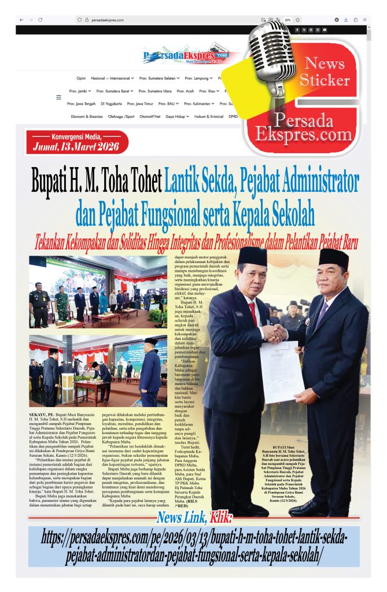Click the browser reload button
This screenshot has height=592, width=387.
click(40, 20)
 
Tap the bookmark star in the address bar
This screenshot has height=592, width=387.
click(297, 20)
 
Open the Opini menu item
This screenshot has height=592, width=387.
click(81, 78)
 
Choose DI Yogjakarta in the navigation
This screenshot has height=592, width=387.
click(111, 103)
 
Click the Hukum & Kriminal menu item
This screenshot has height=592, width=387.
click(208, 116)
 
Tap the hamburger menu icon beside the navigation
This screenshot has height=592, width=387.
click(58, 97)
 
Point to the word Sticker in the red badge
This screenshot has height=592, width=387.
click(324, 80)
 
